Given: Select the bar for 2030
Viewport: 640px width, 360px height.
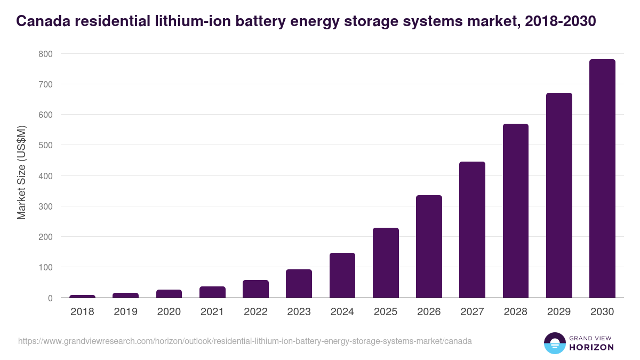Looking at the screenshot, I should tap(602, 179).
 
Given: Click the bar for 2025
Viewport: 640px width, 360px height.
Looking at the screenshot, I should tap(386, 263).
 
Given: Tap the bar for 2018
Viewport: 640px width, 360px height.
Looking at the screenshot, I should tap(82, 297).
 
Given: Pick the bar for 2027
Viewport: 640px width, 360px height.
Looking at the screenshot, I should tap(472, 230).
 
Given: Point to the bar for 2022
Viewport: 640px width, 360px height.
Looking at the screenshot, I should tap(255, 289).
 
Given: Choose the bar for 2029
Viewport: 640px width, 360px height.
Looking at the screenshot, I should tap(559, 195).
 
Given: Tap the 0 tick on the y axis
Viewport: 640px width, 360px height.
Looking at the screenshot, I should tap(50, 298).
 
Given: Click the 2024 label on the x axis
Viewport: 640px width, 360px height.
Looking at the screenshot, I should tap(342, 312).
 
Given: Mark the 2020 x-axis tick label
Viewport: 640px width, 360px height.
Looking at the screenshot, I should tap(169, 312).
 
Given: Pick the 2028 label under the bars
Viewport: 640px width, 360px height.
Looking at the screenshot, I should tap(515, 312).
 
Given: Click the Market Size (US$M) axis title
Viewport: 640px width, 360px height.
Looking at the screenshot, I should tap(21, 172).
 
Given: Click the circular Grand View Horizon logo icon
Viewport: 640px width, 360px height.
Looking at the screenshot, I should tap(554, 343).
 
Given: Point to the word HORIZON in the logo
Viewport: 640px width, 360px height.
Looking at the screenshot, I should tap(591, 347).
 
